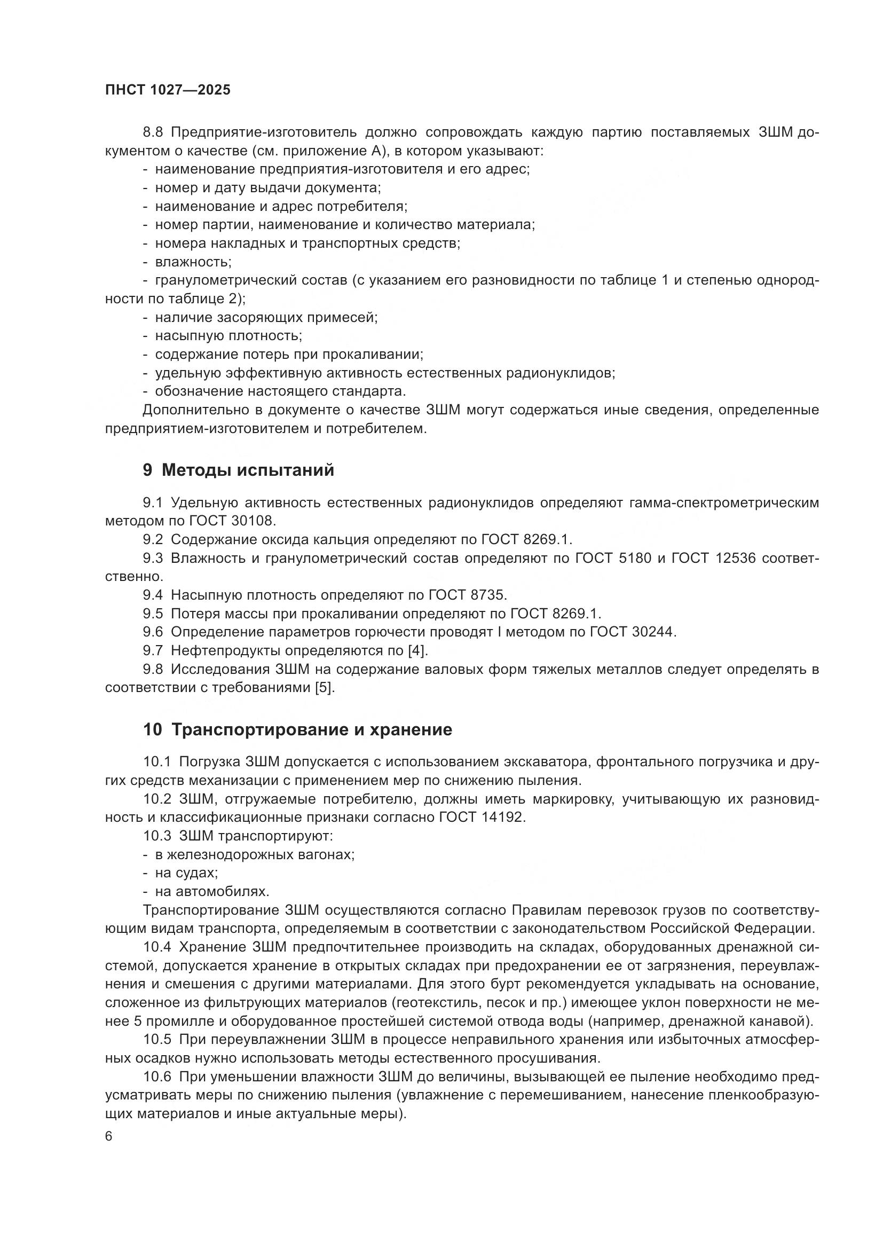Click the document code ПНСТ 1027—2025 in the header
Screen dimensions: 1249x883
168,90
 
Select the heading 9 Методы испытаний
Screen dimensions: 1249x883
238,470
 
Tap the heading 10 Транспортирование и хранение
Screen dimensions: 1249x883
297,729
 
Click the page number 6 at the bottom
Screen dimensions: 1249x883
109,1136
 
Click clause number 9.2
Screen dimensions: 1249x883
153,539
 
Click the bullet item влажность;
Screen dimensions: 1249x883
193,262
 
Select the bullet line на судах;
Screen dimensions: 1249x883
186,873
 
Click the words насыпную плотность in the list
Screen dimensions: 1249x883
228,336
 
